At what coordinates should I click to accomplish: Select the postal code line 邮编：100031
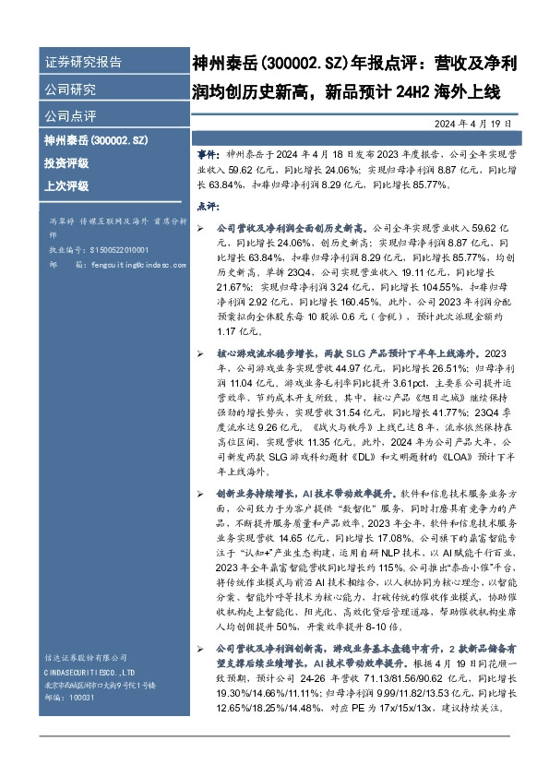[69, 699]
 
